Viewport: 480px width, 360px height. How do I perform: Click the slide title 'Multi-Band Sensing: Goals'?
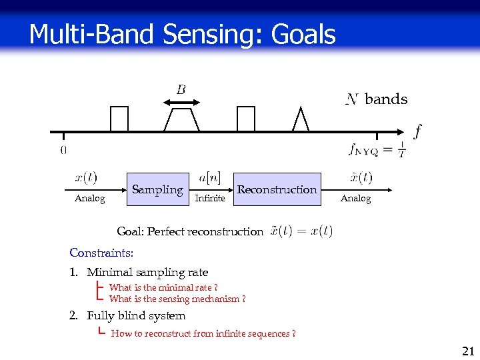[182, 33]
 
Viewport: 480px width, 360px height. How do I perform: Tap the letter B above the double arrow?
[181, 89]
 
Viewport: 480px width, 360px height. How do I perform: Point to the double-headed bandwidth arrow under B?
[181, 102]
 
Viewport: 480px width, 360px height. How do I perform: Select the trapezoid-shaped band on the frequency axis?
[181, 120]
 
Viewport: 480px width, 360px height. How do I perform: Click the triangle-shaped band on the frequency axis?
[301, 120]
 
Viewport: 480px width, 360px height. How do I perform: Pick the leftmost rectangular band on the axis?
[119, 119]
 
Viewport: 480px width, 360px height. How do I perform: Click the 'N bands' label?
[377, 99]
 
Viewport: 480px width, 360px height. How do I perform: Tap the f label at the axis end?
[417, 131]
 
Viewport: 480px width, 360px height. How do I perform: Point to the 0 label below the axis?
[63, 150]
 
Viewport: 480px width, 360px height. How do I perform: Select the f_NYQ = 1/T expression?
[377, 150]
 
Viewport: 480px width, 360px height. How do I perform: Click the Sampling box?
[157, 189]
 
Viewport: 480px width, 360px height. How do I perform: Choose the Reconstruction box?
[277, 189]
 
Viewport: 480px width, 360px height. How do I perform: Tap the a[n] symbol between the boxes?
[210, 178]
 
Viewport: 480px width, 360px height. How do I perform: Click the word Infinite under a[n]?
[209, 198]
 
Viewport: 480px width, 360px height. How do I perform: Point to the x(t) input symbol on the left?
[85, 178]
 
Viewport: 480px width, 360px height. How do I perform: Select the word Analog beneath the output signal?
[355, 198]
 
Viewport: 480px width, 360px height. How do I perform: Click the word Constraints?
[101, 253]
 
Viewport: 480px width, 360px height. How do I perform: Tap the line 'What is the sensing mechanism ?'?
[177, 299]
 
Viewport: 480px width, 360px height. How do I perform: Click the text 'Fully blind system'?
[136, 315]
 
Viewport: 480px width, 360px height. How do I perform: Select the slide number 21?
[467, 351]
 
